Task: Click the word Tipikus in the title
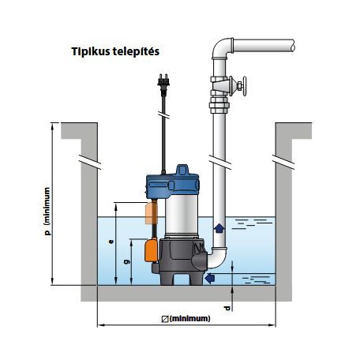[91, 51]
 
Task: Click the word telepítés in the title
[136, 51]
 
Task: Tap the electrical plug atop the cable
[163, 84]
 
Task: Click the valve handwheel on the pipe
[245, 86]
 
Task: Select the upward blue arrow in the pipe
[219, 228]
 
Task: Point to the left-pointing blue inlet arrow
[210, 278]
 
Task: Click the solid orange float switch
[151, 249]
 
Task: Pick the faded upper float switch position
[152, 212]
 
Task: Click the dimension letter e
[111, 242]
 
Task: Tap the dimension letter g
[127, 261]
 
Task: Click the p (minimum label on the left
[47, 212]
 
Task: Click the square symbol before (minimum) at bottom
[165, 319]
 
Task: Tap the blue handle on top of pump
[182, 170]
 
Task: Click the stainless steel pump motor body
[182, 216]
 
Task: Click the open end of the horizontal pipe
[292, 46]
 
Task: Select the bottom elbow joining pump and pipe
[218, 257]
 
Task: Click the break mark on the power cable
[163, 114]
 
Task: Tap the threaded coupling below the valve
[219, 105]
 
